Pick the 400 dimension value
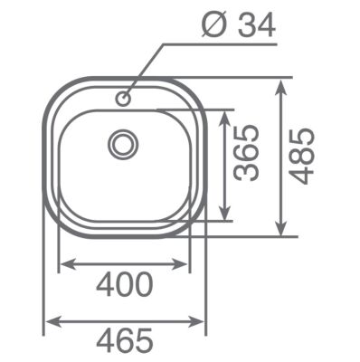[x=124, y=286]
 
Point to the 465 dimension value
[x=124, y=342]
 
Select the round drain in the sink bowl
[x=123, y=143]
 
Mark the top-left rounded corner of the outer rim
[x=56, y=91]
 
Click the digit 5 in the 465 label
[x=146, y=342]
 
